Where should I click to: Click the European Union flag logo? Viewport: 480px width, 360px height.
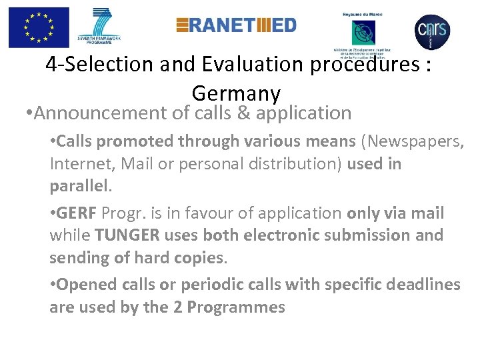tap(39, 27)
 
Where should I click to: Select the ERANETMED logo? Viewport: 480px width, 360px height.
tap(236, 25)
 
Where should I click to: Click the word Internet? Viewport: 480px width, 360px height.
tap(77, 163)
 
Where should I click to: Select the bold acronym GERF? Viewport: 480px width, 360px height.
tap(78, 213)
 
